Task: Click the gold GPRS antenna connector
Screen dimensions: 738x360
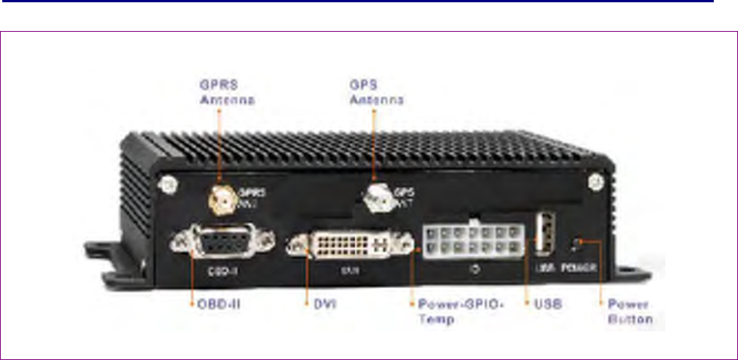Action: [219, 200]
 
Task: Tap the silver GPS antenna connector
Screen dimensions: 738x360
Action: [375, 199]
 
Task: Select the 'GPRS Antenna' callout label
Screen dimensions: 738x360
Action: [219, 91]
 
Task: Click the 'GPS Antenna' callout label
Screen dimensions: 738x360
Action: [375, 91]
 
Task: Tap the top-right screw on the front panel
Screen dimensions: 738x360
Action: [595, 182]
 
